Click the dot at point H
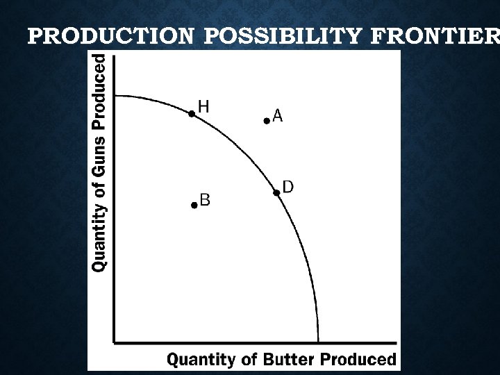coord(192,114)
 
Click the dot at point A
coord(267,121)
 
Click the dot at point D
coord(276,192)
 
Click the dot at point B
coord(194,205)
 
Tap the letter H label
coord(204,106)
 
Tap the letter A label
coord(278,116)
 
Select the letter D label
coord(287,187)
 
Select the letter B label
coord(205,200)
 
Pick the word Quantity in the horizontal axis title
coord(200,360)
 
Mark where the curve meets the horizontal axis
coord(318,342)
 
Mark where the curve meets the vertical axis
coord(115,95)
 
